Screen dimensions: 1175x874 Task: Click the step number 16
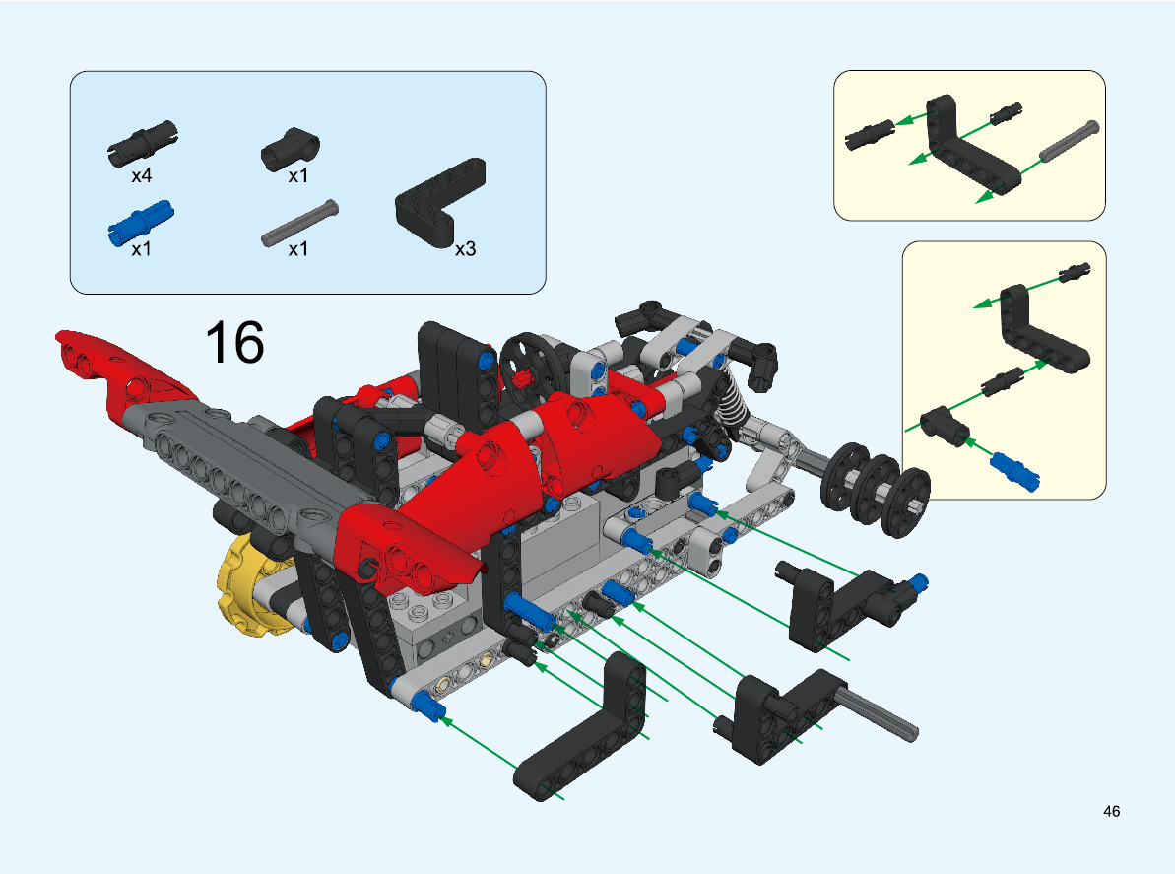pyautogui.click(x=234, y=343)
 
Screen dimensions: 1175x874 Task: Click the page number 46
pyautogui.click(x=1111, y=811)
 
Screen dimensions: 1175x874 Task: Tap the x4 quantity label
pyautogui.click(x=141, y=175)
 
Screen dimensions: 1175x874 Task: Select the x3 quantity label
pyautogui.click(x=465, y=249)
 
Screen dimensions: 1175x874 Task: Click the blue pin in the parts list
pyautogui.click(x=141, y=223)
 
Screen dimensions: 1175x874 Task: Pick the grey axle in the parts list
pyautogui.click(x=299, y=223)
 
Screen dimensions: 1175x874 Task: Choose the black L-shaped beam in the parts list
pyautogui.click(x=440, y=202)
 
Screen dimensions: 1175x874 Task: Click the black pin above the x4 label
pyautogui.click(x=143, y=143)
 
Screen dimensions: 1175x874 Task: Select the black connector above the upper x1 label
pyautogui.click(x=290, y=149)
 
